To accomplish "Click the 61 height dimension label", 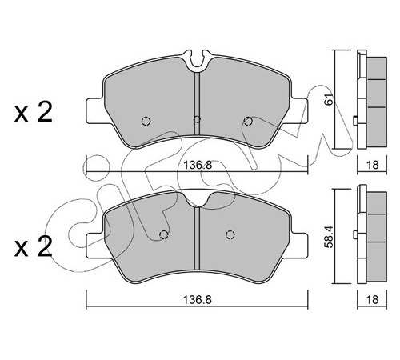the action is tap(330, 98).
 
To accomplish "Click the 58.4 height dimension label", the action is tap(330, 237).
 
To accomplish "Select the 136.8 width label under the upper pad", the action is tap(198, 166).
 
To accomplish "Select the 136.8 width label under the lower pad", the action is tap(198, 300).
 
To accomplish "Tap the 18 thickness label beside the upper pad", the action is tap(372, 165).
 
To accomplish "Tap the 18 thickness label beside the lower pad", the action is tap(372, 300).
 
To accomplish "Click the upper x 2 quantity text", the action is tap(34, 113).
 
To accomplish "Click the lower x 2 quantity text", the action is tap(34, 247).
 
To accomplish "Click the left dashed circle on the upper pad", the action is tap(146, 122).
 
